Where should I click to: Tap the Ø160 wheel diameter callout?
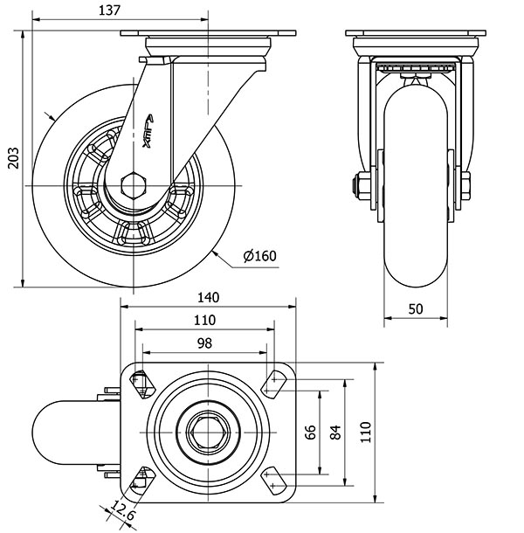[x=259, y=256]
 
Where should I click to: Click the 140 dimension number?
[x=207, y=297]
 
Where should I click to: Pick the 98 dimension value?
[x=204, y=343]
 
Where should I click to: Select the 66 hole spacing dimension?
[x=308, y=432]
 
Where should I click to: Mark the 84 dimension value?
[x=334, y=432]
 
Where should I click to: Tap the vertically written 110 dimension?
[x=367, y=432]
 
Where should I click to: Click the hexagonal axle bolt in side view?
[x=134, y=185]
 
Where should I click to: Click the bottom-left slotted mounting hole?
[x=140, y=480]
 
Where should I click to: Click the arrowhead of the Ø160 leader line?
[x=214, y=251]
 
